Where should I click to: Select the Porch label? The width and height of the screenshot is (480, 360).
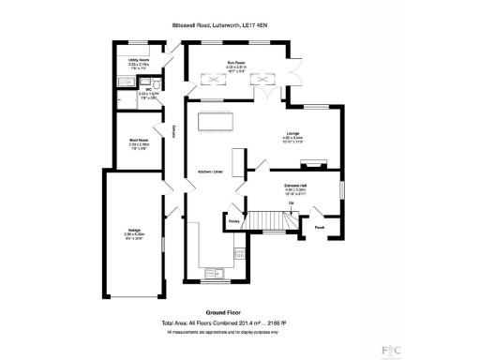point(320,227)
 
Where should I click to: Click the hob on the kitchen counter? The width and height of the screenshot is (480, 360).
point(240,254)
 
